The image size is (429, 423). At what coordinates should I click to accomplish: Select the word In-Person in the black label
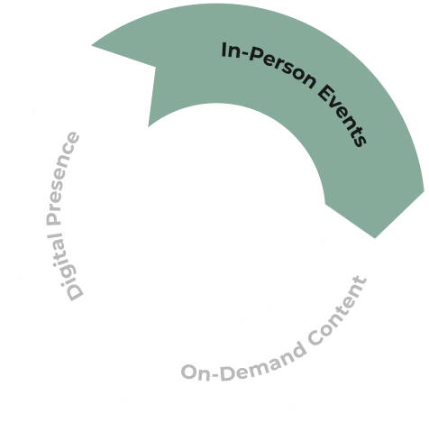[x=269, y=65]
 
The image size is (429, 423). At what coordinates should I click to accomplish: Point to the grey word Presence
[x=62, y=178]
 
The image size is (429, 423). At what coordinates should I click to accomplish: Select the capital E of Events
[x=324, y=92]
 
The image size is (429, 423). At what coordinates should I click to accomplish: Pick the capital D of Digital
[x=75, y=290]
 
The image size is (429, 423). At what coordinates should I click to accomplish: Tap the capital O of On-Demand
[x=190, y=372]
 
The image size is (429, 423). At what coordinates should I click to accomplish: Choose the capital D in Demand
[x=229, y=373]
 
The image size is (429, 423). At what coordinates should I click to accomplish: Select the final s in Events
[x=360, y=141]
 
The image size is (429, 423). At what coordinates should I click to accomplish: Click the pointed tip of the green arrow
[x=375, y=238]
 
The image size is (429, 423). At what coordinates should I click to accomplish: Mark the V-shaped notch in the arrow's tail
[x=156, y=67]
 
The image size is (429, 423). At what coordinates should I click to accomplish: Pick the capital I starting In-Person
[x=224, y=50]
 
